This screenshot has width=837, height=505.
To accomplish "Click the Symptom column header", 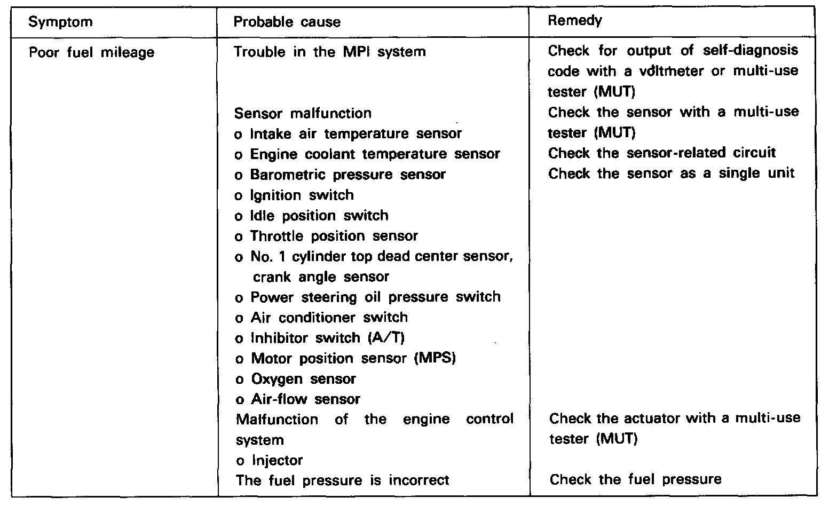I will pos(60,22).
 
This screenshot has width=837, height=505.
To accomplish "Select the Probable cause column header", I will pos(287,22).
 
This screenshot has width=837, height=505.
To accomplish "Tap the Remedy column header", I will pos(575,21).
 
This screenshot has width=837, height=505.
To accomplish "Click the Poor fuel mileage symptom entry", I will pos(91,52).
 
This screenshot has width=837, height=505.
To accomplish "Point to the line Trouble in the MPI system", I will pos(330,52).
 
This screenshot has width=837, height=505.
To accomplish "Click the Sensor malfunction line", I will pos(303,113).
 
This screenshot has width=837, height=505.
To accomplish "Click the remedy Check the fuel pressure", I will pos(635,479).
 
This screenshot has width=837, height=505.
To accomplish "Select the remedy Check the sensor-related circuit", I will pos(662,153).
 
